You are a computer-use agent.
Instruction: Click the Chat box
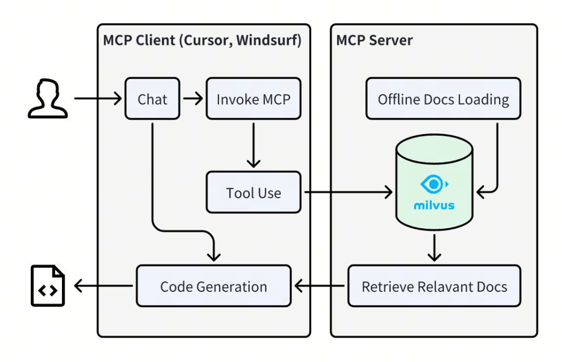point(152,99)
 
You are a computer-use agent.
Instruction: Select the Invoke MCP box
point(253,99)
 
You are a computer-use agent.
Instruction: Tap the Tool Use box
point(253,193)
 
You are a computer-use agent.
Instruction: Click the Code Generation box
point(213,286)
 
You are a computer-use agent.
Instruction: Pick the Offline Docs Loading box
point(443,99)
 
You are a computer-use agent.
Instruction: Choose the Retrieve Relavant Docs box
point(434,286)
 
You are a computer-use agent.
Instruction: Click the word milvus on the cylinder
point(434,205)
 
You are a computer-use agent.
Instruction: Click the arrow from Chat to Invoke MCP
point(193,98)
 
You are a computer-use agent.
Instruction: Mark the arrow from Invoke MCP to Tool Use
point(253,145)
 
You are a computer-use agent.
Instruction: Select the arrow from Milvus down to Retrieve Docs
point(434,248)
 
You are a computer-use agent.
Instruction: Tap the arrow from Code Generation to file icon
point(104,286)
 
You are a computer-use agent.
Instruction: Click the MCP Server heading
point(374,41)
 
